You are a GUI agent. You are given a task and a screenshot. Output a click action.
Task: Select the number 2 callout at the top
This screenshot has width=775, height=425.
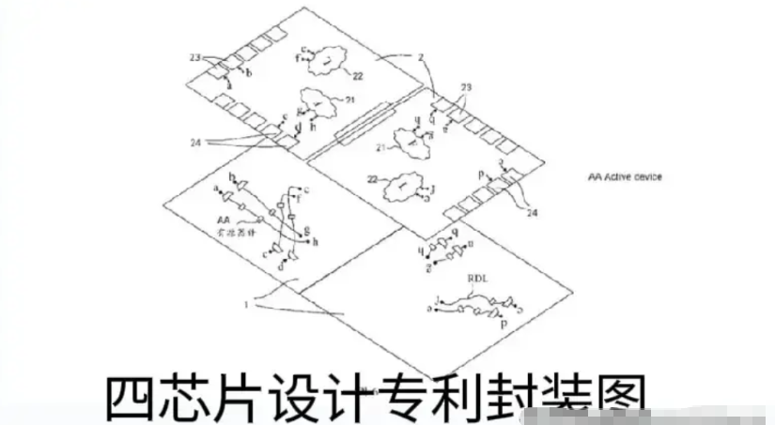(x=424, y=57)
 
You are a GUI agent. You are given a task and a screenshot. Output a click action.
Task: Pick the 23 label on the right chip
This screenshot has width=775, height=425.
(x=465, y=86)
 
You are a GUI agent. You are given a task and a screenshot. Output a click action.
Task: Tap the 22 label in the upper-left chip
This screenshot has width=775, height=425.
(x=358, y=75)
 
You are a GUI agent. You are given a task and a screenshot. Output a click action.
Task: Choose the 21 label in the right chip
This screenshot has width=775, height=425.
(x=382, y=147)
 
